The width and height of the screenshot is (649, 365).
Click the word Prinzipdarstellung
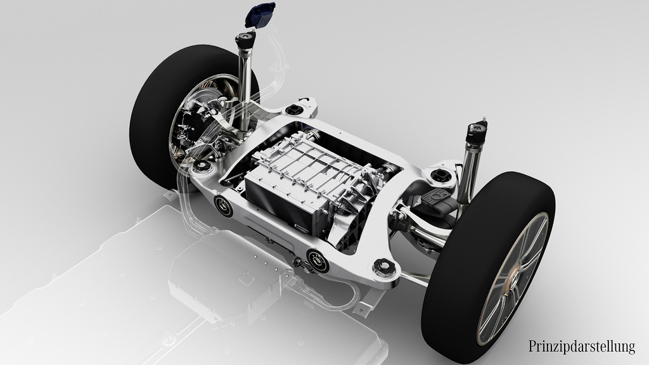tap(581, 346)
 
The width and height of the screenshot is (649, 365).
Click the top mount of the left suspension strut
tap(245, 41)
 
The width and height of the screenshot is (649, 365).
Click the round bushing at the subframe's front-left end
tap(223, 205)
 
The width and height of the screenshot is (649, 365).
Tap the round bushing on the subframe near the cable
tap(317, 259)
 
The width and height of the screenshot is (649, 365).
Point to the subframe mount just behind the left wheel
tap(202, 167)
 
